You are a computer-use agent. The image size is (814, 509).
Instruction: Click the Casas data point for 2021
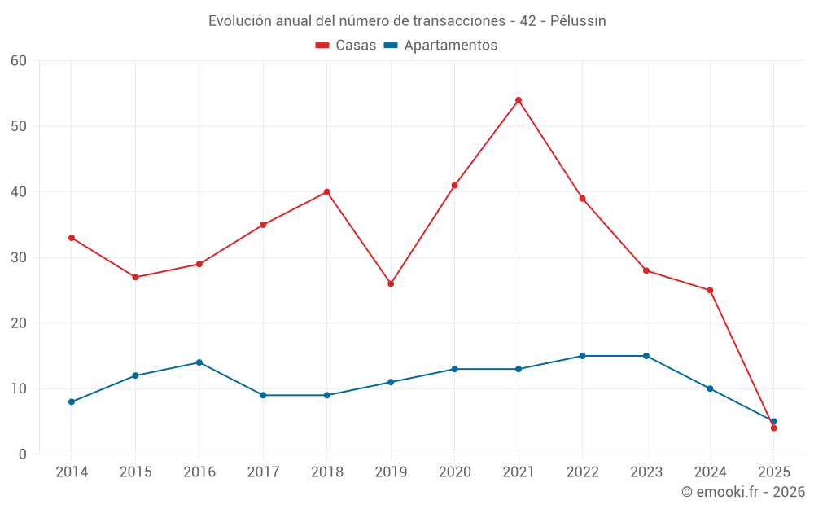pos(519,100)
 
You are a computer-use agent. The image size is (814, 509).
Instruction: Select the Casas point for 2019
pos(391,283)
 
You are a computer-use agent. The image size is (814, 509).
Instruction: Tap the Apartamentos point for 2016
pos(199,362)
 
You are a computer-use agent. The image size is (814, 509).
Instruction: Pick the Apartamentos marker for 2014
pos(72,401)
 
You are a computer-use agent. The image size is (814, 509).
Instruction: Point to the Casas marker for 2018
pos(326,192)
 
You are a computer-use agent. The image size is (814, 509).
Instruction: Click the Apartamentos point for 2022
pos(582,356)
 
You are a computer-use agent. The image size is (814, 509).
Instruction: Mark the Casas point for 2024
pos(710,290)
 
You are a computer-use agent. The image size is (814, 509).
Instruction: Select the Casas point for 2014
pos(72,238)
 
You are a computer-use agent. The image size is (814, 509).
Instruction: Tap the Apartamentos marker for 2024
pos(710,388)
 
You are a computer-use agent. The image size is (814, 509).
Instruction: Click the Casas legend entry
pos(346,46)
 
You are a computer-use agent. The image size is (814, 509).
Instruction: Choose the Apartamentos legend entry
pos(440,46)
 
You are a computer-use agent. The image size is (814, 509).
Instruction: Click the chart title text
pos(407,21)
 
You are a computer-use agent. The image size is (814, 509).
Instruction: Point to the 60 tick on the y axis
pos(19,61)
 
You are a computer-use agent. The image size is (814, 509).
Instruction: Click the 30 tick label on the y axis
pos(19,257)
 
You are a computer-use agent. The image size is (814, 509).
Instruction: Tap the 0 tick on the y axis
pos(23,454)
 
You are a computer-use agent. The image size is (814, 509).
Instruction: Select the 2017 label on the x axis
pos(263,472)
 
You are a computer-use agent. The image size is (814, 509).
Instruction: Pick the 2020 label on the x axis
pos(454,472)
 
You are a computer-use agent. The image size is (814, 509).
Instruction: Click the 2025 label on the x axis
pos(773,472)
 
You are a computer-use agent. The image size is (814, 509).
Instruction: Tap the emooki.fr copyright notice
pos(742,492)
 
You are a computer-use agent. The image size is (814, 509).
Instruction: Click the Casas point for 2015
pos(135,277)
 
